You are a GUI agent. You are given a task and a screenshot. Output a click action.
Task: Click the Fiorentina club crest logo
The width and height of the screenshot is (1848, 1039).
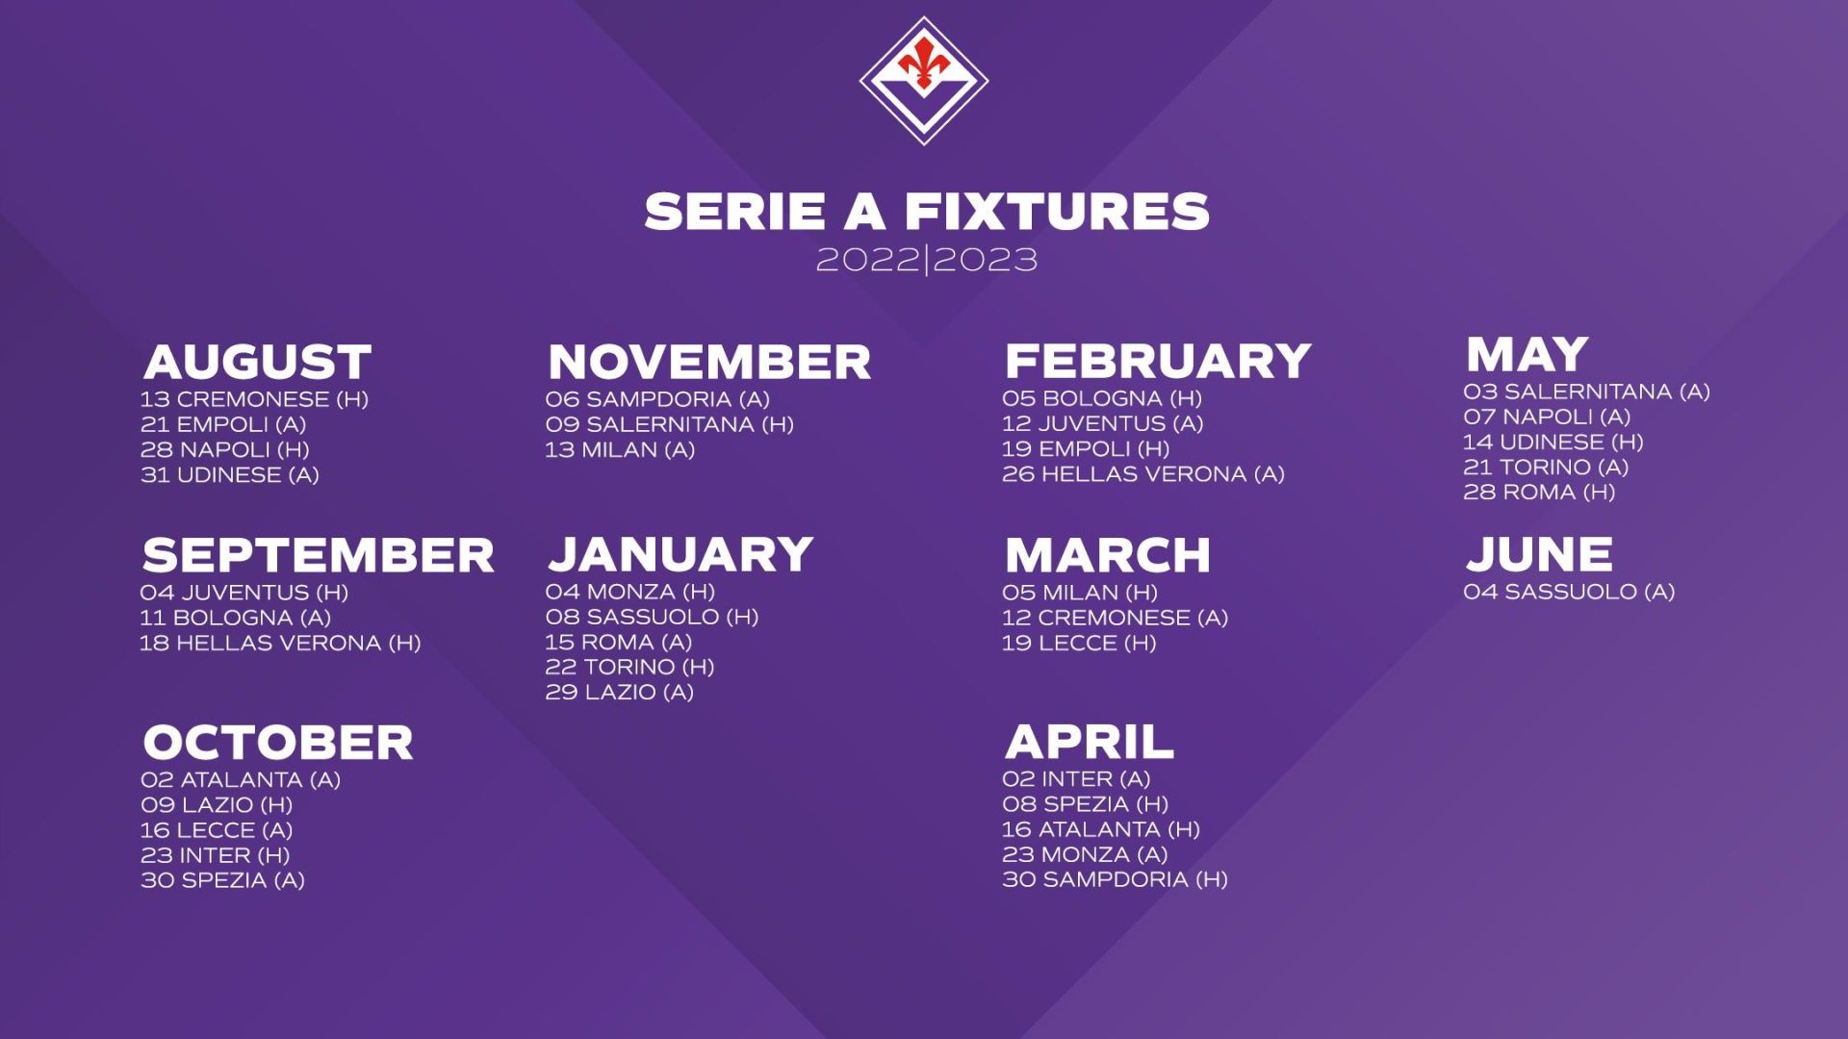[924, 81]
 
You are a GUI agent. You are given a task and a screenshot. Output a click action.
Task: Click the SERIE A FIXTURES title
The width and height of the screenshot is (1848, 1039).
[927, 212]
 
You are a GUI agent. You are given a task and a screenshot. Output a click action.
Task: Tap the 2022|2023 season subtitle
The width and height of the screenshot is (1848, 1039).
[927, 260]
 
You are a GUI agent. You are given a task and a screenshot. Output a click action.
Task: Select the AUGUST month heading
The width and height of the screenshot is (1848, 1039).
[257, 362]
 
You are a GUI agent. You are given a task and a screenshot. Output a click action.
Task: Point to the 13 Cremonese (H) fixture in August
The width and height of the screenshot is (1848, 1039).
[255, 399]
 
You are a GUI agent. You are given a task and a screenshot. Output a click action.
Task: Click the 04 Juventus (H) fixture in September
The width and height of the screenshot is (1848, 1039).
[244, 593]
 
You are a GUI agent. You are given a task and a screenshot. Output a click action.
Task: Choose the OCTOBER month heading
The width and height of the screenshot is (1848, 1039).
[278, 742]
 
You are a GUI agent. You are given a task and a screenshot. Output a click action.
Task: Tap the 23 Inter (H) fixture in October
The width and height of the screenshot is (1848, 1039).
[216, 855]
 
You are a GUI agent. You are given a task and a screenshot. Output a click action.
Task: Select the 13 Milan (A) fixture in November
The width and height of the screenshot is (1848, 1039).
[620, 449]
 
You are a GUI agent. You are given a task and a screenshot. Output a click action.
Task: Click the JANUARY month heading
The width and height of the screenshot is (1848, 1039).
[680, 554]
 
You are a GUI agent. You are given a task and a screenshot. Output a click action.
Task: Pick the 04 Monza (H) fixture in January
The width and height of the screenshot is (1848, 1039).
[630, 592]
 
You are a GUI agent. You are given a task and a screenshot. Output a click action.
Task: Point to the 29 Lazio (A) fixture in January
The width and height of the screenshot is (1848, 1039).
[620, 692]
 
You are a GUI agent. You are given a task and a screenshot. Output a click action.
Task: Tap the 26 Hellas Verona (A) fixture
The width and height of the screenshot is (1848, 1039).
[1143, 473]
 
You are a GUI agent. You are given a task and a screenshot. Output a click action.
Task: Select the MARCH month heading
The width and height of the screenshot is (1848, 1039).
[1108, 555]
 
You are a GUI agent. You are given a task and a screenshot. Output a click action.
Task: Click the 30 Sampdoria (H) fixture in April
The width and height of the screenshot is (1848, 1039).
[1115, 879]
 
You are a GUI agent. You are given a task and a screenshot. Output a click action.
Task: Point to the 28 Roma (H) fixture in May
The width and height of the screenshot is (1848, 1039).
[1539, 492]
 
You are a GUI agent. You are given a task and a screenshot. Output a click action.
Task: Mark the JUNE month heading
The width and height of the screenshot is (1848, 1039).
[1539, 554]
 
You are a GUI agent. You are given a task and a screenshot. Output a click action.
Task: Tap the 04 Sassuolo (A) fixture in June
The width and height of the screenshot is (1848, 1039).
[1569, 592]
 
